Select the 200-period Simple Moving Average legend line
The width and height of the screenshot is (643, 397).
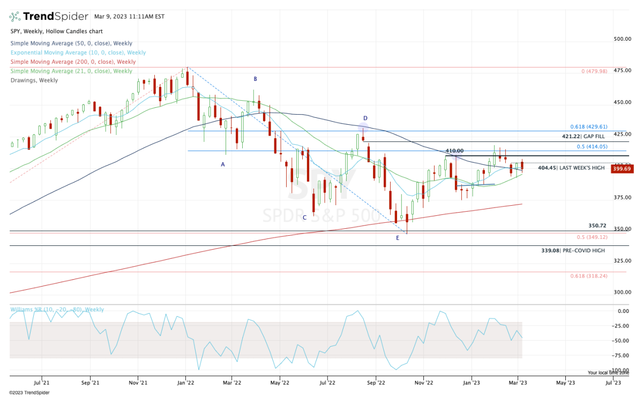click(73, 62)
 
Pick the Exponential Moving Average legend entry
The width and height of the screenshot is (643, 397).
click(78, 53)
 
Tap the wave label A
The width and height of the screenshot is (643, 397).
click(223, 164)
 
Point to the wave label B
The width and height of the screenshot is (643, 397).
click(256, 79)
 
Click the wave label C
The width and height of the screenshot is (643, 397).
click(304, 218)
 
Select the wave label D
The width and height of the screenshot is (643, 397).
click(365, 118)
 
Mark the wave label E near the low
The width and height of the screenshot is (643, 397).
click(398, 237)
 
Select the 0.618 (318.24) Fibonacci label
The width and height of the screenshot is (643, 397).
click(588, 276)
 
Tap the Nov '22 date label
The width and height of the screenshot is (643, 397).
click(423, 384)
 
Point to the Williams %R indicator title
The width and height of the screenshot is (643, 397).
click(57, 310)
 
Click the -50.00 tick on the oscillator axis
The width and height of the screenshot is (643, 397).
click(622, 340)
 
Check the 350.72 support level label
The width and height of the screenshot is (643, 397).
click(596, 226)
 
